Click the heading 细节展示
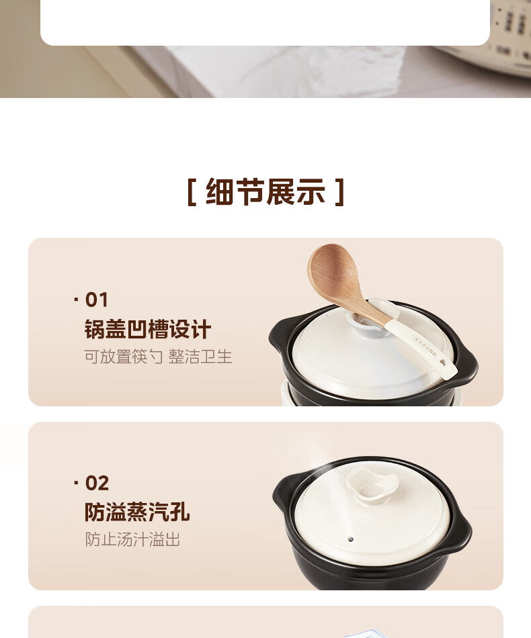pos(265,191)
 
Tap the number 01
pos(97,300)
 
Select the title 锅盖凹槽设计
pos(148,329)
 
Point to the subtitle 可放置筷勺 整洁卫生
pos(158,357)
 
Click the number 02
pos(97,484)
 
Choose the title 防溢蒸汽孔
pos(137,512)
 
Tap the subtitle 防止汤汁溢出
pos(132,539)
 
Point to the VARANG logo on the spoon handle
pos(426,347)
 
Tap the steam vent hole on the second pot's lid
pos(351,539)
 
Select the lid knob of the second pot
pos(371,486)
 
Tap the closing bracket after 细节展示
pos(340,192)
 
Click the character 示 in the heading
pos(311,191)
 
